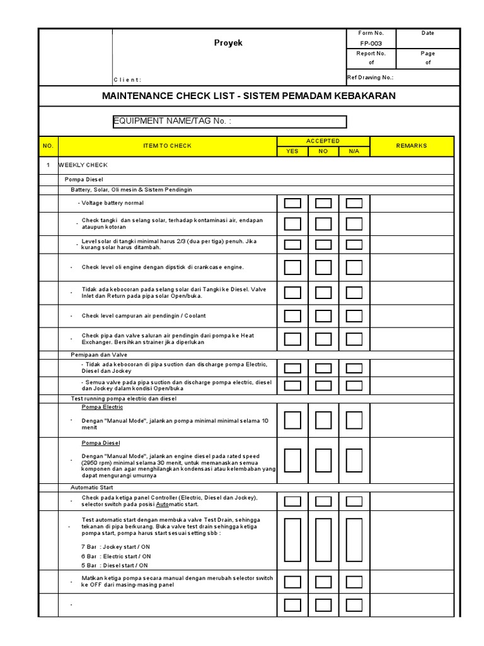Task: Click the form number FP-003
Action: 371,44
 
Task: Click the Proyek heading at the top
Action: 228,43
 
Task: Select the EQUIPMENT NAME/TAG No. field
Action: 229,121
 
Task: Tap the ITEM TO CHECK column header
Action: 167,146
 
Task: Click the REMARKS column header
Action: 412,146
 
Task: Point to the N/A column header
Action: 354,151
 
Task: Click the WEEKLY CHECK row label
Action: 83,165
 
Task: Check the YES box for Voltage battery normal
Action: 292,203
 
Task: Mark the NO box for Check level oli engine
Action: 323,267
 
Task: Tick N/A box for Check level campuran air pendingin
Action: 354,315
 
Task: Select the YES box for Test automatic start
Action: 292,542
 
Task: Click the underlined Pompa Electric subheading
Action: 102,407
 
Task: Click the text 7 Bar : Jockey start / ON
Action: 116,546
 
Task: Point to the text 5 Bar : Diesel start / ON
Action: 116,565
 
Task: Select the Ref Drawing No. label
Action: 371,78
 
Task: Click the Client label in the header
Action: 127,79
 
